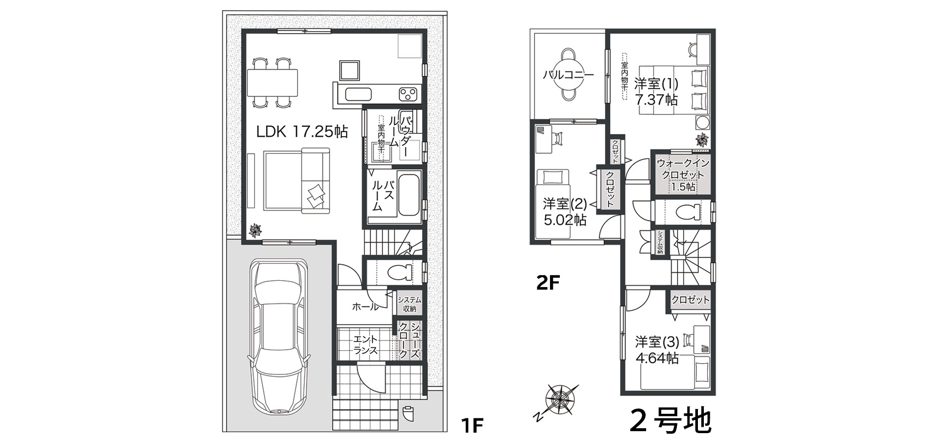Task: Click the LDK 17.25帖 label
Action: tap(302, 132)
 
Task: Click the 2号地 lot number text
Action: tap(671, 420)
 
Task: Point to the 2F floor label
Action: tap(548, 283)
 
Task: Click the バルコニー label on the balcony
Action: tap(568, 75)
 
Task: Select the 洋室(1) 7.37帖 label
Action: tap(656, 91)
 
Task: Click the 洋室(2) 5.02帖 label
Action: tap(565, 211)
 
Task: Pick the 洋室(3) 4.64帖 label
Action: tap(657, 349)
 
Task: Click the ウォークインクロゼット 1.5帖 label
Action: tap(683, 175)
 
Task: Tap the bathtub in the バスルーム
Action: tap(409, 195)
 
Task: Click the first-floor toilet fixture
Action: tap(400, 272)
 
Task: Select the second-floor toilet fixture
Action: tap(688, 212)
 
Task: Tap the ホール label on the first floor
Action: tap(365, 307)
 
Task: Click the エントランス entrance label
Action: tap(365, 345)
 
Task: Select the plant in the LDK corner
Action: tap(255, 230)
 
